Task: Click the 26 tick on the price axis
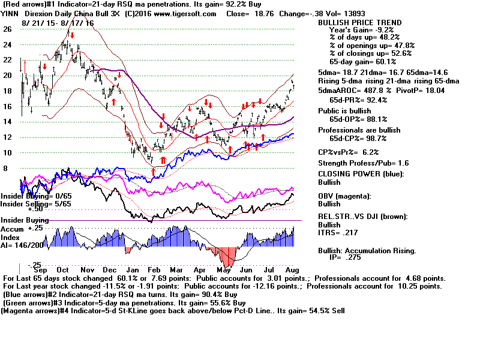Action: coord(7,29)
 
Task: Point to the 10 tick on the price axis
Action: coord(7,152)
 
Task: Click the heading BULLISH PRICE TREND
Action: coord(359,23)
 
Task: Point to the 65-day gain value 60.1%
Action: coord(384,62)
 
